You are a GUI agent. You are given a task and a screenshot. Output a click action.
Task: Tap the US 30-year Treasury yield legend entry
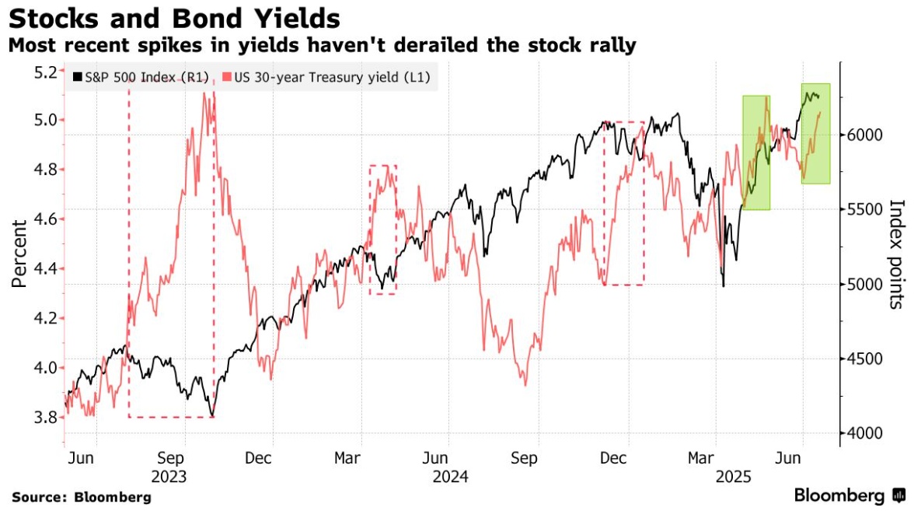pos(326,78)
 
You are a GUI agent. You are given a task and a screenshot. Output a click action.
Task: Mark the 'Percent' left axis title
pos(19,253)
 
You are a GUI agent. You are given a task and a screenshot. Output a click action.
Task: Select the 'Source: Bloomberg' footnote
pos(82,496)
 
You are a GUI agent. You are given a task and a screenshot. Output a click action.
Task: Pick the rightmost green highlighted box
pos(815,133)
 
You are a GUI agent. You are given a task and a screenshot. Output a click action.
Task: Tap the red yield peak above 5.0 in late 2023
pos(207,95)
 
